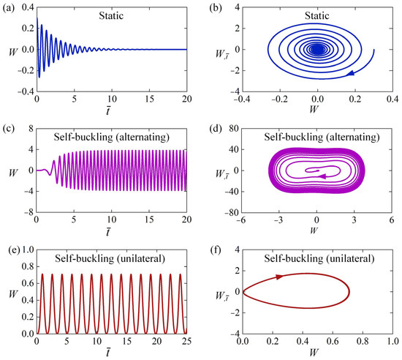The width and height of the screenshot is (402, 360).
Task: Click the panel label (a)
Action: pyautogui.click(x=10, y=7)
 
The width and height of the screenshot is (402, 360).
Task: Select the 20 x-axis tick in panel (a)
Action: pyautogui.click(x=186, y=101)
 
